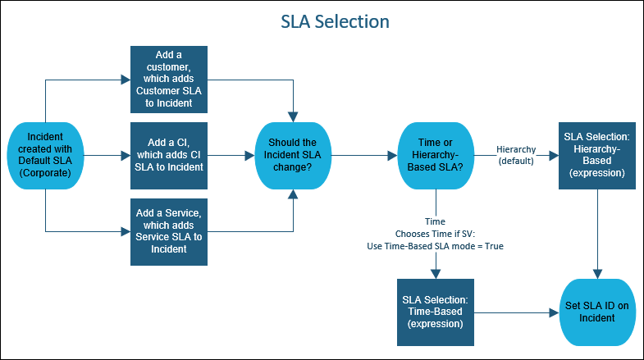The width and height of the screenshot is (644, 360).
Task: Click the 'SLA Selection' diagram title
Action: (x=322, y=20)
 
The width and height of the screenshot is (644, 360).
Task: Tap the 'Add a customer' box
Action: (x=169, y=80)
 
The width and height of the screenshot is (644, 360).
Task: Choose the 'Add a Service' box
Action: (x=169, y=231)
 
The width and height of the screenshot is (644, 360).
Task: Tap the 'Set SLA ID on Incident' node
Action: (x=598, y=312)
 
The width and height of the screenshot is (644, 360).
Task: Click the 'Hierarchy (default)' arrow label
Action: (x=517, y=155)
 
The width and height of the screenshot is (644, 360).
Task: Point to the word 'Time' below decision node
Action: (x=436, y=221)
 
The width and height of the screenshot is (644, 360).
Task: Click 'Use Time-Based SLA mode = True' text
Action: (x=436, y=246)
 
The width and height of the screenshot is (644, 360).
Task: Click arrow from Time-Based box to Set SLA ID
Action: (x=512, y=312)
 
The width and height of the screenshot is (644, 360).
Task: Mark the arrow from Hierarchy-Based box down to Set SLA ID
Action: (x=598, y=234)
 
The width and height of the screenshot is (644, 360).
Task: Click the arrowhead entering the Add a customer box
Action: (x=126, y=80)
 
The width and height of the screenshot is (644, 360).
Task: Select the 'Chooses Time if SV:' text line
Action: (x=436, y=234)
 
